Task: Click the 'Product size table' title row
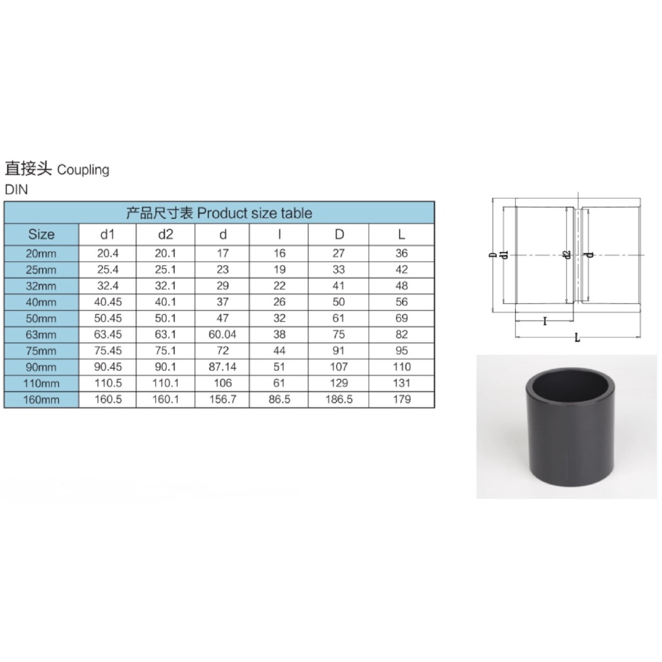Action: tap(219, 213)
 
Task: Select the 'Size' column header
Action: tap(41, 234)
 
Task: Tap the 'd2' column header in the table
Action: tap(165, 234)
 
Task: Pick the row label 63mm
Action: tap(41, 335)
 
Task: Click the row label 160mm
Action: tap(41, 400)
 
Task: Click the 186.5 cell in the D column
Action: tap(339, 400)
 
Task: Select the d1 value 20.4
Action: tap(107, 254)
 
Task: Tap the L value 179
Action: tap(401, 400)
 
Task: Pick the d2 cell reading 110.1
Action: tap(165, 383)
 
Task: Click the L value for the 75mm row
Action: tap(401, 351)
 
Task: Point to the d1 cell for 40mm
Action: tap(107, 302)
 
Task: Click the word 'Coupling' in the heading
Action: tap(83, 170)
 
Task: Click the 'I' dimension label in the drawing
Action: tap(545, 321)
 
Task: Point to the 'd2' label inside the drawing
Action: tap(567, 256)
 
